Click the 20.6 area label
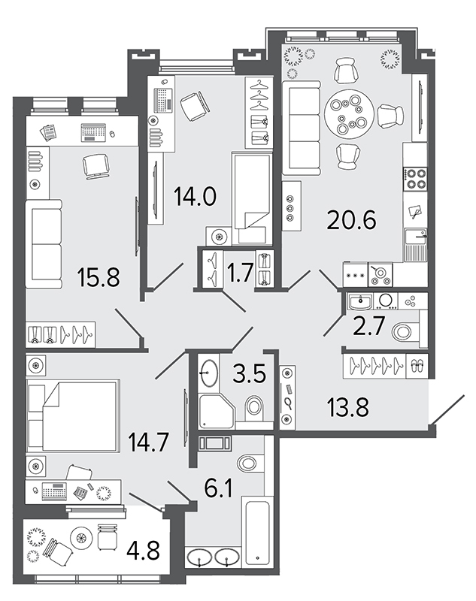pos(351,220)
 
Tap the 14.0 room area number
pos(195,196)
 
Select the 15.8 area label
pos(99,277)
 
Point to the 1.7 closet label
pos(241,273)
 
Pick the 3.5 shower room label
pos(250,373)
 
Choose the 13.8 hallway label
pos(348,407)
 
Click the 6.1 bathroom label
pos(218,488)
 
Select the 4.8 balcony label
pos(144,550)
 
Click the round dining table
pos(349,113)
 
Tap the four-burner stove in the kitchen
pos(416,179)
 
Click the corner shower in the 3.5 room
pos(217,411)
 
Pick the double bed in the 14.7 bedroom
pos(71,415)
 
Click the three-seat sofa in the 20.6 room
pos(301,128)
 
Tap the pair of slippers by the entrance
pos(416,366)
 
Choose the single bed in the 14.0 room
pos(252,198)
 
